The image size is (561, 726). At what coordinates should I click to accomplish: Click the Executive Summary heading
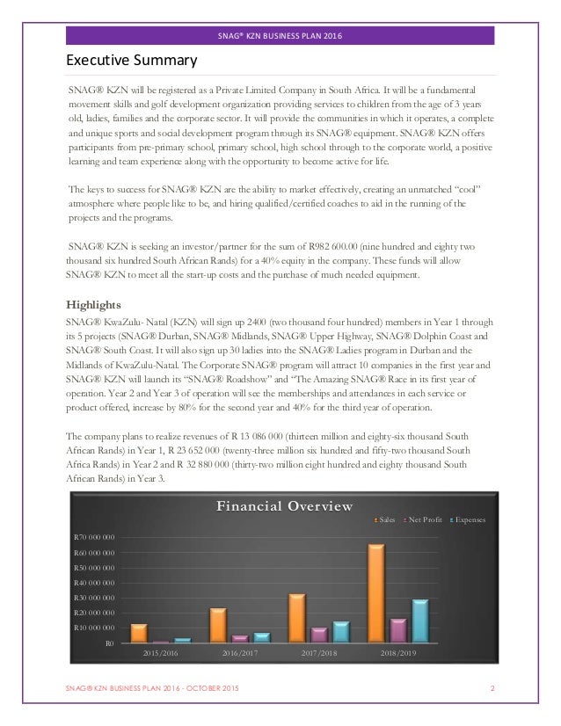132,61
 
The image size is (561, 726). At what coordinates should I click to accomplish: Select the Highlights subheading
98,304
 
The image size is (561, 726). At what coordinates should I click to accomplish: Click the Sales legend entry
387,519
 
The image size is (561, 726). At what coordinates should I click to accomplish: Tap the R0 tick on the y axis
109,643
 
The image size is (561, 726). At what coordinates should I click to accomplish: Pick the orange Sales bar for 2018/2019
376,593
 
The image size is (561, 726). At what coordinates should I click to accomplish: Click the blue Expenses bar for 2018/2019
420,621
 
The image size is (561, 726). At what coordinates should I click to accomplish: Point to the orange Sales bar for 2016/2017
218,625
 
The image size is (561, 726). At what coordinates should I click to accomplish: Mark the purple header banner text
280,36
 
